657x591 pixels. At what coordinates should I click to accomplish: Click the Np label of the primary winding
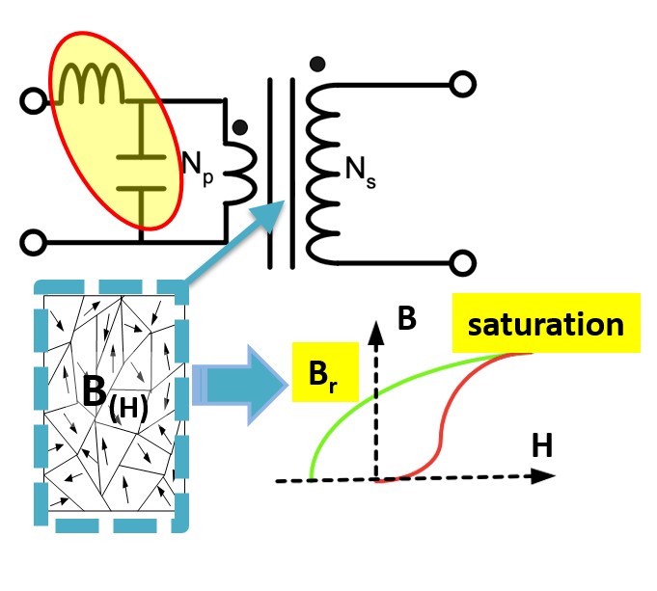pyautogui.click(x=198, y=168)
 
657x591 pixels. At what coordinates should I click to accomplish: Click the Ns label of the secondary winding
pyautogui.click(x=361, y=173)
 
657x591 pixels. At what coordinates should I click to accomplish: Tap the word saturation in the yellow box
pyautogui.click(x=545, y=324)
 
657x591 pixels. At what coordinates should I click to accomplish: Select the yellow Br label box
pyautogui.click(x=325, y=372)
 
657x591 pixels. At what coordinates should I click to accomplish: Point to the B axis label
pyautogui.click(x=406, y=318)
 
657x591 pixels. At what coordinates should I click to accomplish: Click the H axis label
pyautogui.click(x=542, y=445)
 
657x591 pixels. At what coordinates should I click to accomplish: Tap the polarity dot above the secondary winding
pyautogui.click(x=317, y=64)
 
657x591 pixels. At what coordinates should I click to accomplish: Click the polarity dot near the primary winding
pyautogui.click(x=239, y=127)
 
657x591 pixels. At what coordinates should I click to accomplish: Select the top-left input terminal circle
pyautogui.click(x=34, y=101)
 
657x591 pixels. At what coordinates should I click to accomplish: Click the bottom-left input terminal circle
pyautogui.click(x=34, y=243)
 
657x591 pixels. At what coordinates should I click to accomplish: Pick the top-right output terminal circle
pyautogui.click(x=462, y=84)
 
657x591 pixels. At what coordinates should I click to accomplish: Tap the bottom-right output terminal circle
pyautogui.click(x=462, y=263)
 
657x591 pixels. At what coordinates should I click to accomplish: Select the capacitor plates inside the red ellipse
pyautogui.click(x=141, y=173)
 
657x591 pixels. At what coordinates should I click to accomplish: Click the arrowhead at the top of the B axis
pyautogui.click(x=376, y=333)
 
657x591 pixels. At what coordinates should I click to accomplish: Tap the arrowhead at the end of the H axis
pyautogui.click(x=543, y=476)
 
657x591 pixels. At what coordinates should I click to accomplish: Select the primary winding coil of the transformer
pyautogui.click(x=239, y=174)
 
